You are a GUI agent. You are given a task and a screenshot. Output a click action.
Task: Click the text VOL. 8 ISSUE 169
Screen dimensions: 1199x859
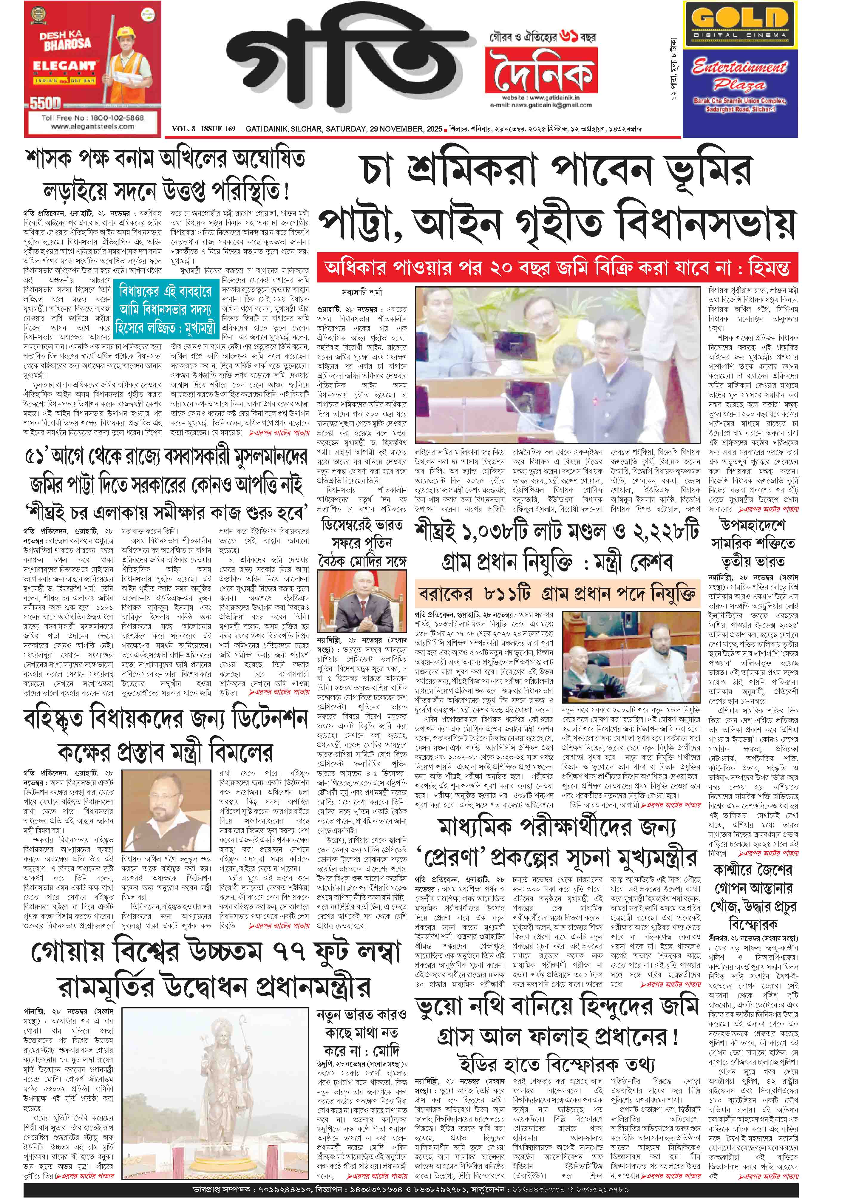point(203,129)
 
